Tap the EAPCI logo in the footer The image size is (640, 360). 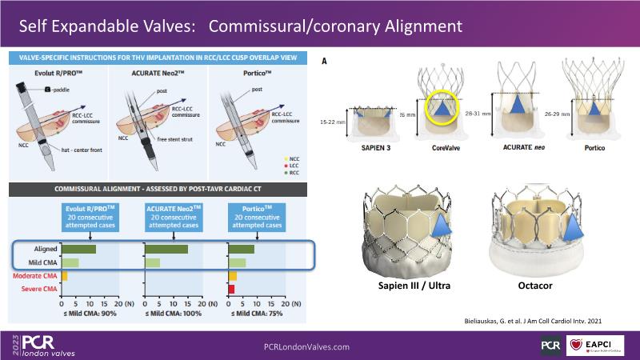coord(594,346)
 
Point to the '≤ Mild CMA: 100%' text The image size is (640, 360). coord(173,314)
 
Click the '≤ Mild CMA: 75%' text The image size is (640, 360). coord(257,314)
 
